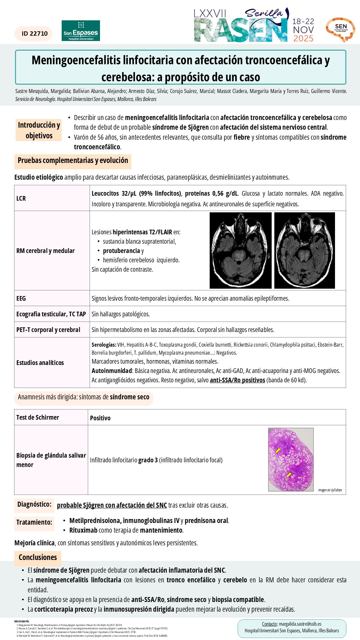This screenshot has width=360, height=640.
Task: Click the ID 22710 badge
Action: pos(34,34)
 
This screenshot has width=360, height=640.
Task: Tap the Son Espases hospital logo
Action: pos(81,31)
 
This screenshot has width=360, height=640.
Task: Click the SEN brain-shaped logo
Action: pos(340,30)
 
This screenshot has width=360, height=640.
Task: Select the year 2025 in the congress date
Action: pos(303,39)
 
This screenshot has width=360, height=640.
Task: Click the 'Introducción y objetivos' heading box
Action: pos(39,130)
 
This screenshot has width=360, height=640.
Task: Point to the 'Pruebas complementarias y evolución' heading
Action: pos(73,161)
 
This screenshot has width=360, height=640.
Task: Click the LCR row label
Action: pos(21,198)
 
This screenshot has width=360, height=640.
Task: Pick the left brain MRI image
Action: pos(240,250)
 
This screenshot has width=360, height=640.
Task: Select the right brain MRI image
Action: pos(304,250)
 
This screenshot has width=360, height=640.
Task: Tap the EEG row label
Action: pos(21,298)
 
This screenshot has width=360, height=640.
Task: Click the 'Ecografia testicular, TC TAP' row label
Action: pos(51,314)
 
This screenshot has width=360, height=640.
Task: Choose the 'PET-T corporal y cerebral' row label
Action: pos(48,330)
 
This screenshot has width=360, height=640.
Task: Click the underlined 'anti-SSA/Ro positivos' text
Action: pos(237,380)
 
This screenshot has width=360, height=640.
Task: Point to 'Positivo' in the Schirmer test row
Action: pos(100,418)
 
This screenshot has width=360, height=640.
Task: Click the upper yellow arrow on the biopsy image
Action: pos(278,450)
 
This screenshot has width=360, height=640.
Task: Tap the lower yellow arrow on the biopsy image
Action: pos(289,475)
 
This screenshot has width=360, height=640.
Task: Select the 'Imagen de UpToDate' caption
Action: pos(330,490)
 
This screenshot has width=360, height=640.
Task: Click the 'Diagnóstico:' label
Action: pos(34,504)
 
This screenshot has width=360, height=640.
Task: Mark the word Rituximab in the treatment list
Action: pos(83,530)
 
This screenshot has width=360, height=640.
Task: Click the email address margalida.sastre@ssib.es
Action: pos(300,624)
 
